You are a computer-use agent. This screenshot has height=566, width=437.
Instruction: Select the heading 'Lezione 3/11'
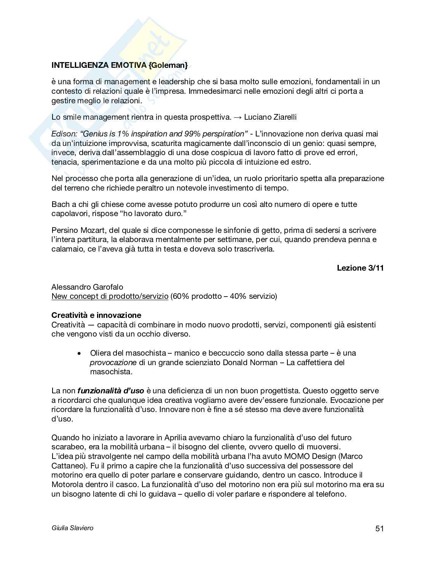[x=360, y=268]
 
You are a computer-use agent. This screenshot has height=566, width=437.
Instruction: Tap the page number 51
[x=379, y=528]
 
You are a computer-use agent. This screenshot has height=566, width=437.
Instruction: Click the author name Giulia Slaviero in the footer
[x=72, y=528]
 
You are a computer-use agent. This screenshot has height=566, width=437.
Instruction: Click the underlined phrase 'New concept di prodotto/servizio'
[x=110, y=296]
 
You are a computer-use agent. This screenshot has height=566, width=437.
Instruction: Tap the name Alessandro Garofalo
[x=87, y=287]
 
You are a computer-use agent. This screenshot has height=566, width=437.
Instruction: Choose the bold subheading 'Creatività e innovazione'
[x=96, y=315]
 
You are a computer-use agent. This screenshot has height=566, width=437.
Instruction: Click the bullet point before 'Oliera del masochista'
[x=79, y=353]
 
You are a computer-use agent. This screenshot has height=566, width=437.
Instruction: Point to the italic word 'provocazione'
[x=113, y=362]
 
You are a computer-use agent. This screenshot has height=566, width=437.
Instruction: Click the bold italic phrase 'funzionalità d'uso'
[x=111, y=391]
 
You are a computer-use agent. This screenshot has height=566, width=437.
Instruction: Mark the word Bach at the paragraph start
[x=60, y=204]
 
